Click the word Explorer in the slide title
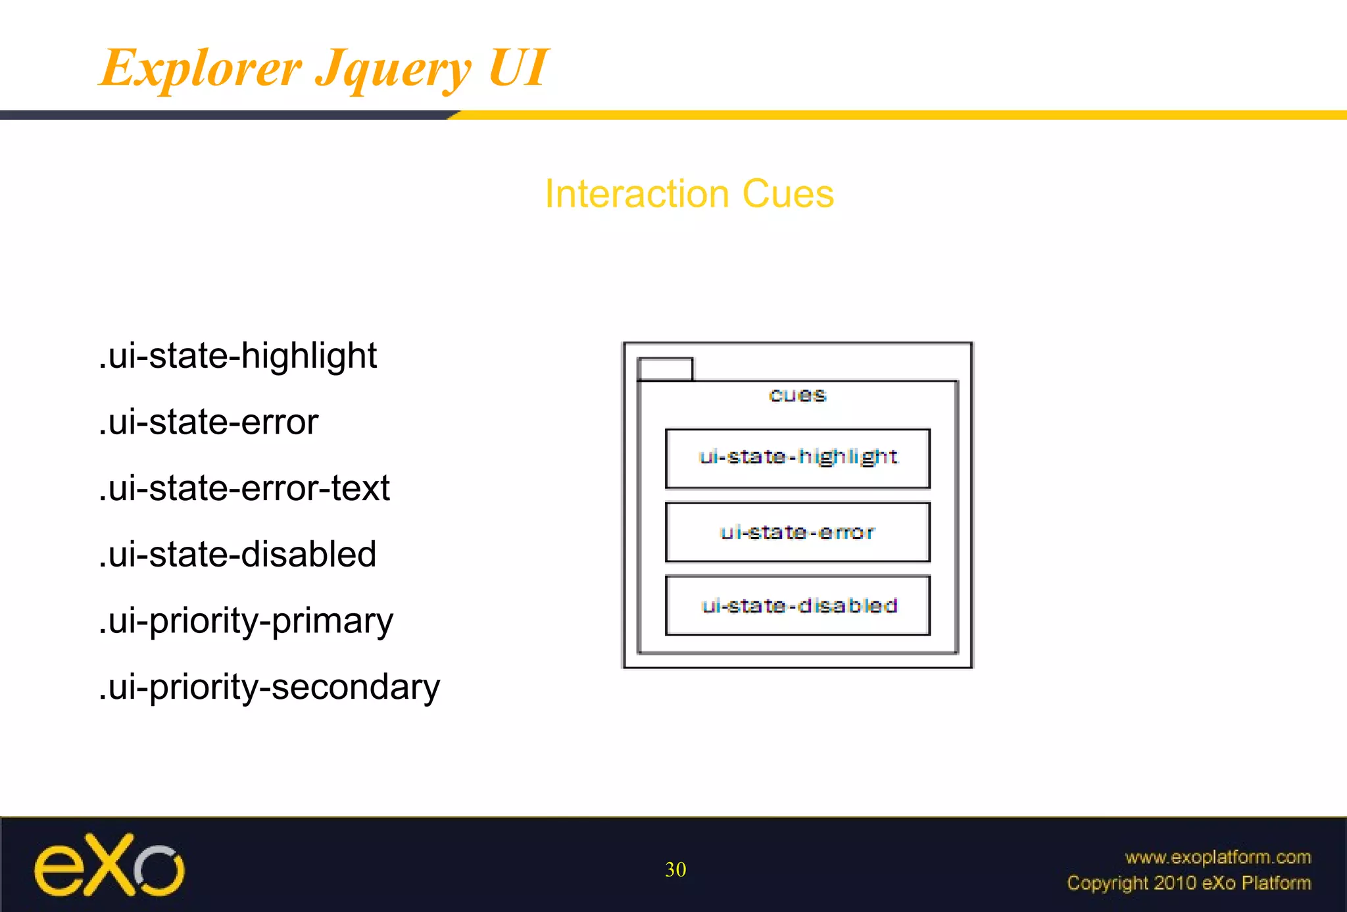click(x=201, y=68)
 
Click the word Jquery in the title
click(x=393, y=70)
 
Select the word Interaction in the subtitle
click(x=637, y=194)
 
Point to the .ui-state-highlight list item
click(x=237, y=356)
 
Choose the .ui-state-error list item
click(x=208, y=422)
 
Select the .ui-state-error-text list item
click(x=244, y=488)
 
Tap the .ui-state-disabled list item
click(x=237, y=554)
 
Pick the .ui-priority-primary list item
click(x=246, y=621)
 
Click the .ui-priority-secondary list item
click(x=269, y=688)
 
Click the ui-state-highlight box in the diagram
click(x=797, y=458)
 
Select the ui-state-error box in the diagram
click(x=797, y=532)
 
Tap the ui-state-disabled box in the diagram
click(x=797, y=605)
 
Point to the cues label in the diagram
click(x=797, y=395)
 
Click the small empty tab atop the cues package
click(x=665, y=369)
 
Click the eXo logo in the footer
click(x=109, y=865)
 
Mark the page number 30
click(x=675, y=869)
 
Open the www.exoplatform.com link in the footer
click(x=1217, y=857)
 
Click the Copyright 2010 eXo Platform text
click(x=1188, y=882)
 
